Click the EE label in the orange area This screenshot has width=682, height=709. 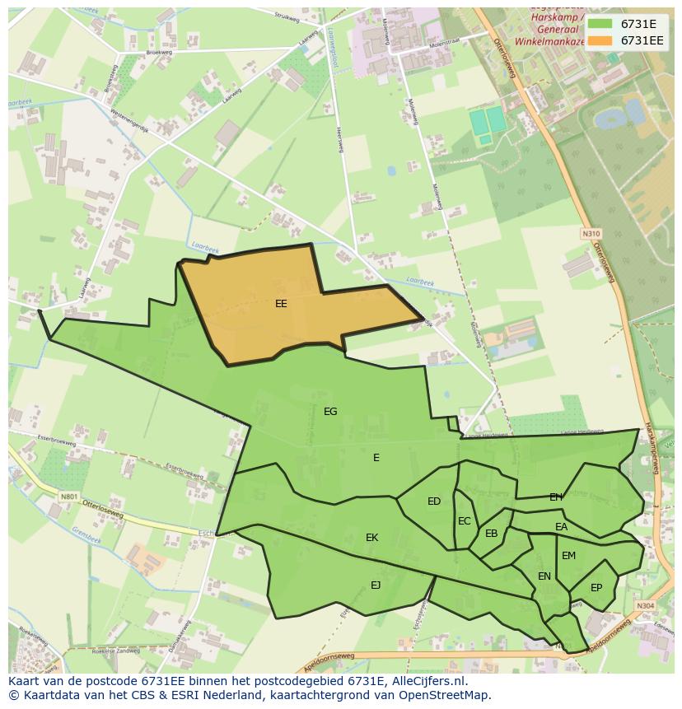click(x=281, y=304)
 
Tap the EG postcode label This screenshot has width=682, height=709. click(x=330, y=412)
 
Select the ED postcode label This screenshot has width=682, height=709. click(x=434, y=501)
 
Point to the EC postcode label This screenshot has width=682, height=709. click(x=465, y=521)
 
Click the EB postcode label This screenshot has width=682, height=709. click(x=492, y=534)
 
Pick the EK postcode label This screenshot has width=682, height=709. click(x=372, y=538)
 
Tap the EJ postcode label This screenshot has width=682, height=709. click(x=376, y=585)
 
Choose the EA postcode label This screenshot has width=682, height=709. click(x=562, y=527)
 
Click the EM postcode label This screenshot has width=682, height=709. click(x=569, y=556)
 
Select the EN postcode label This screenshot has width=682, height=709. click(x=544, y=576)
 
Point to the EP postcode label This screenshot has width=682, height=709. click(x=596, y=588)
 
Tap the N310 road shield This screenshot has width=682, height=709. click(x=591, y=234)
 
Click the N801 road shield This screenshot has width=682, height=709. click(x=68, y=497)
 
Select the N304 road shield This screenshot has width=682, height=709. click(x=645, y=606)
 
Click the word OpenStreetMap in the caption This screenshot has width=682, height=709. click(x=441, y=695)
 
